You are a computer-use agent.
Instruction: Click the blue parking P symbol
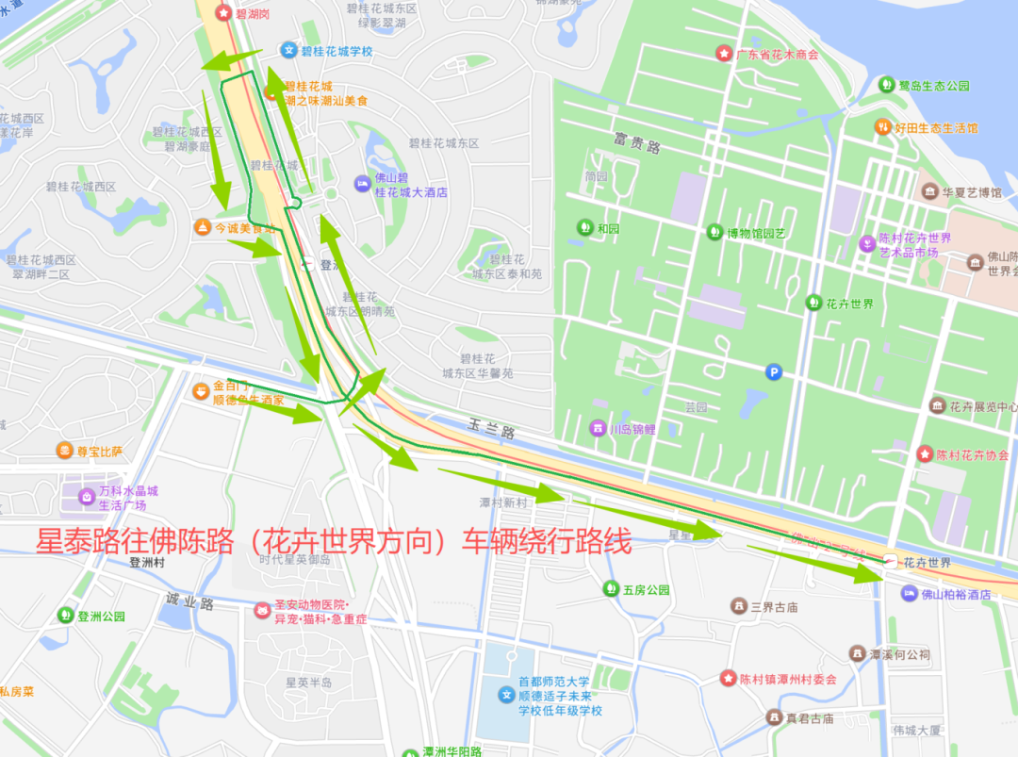coord(774,372)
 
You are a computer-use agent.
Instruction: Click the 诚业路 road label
coord(189,601)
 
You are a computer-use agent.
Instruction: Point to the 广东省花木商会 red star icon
coord(724,54)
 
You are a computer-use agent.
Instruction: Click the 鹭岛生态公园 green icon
coord(886,85)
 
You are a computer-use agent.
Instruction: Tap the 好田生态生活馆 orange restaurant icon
coord(883,126)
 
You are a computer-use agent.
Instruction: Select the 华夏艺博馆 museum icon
coord(930,191)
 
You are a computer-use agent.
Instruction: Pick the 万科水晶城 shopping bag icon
coord(86,495)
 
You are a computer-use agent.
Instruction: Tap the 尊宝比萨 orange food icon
coord(64,452)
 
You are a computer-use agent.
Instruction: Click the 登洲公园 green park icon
coord(65,616)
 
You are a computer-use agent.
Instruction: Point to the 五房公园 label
coord(646,590)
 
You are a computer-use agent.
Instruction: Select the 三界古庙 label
coord(774,606)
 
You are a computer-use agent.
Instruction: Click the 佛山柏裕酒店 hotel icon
coord(909,593)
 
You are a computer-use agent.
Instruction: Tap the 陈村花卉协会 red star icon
coord(925,453)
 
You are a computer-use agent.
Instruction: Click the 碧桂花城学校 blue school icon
coord(288,50)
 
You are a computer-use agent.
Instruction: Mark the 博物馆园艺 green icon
coord(714,232)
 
